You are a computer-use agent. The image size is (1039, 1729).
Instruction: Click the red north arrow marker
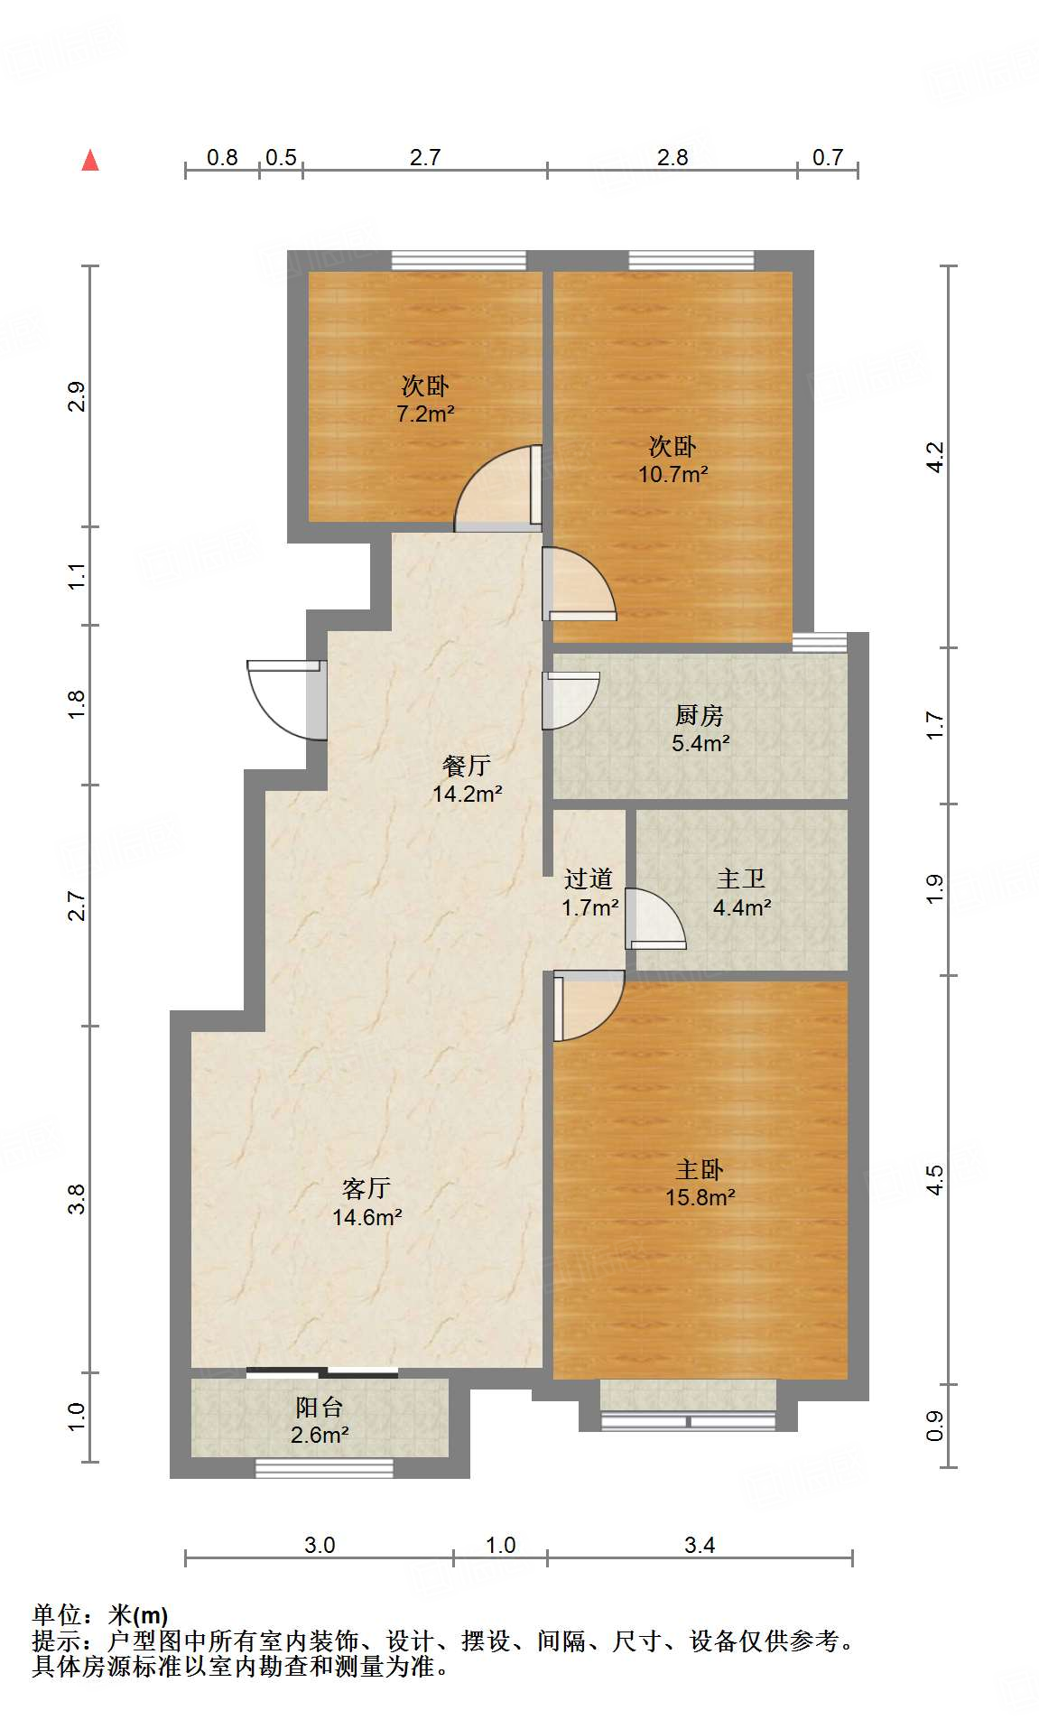pyautogui.click(x=90, y=161)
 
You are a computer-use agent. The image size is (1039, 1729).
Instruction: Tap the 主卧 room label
pyautogui.click(x=700, y=1169)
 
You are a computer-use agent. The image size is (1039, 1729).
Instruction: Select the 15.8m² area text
pyautogui.click(x=700, y=1197)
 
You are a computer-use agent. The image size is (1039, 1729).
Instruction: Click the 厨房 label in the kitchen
pyautogui.click(x=700, y=715)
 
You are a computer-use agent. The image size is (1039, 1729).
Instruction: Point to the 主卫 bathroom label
pyautogui.click(x=741, y=878)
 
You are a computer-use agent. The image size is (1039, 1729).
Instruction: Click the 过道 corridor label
pyautogui.click(x=589, y=878)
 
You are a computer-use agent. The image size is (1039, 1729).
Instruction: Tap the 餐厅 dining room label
pyautogui.click(x=467, y=766)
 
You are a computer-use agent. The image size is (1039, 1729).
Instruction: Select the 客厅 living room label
pyautogui.click(x=366, y=1188)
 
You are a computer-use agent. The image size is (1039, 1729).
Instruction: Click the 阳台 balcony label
pyautogui.click(x=319, y=1407)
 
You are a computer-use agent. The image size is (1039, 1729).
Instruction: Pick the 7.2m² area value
pyautogui.click(x=425, y=414)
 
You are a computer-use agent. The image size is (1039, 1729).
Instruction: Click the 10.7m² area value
pyautogui.click(x=673, y=474)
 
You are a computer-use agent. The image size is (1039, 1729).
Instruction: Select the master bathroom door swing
pyautogui.click(x=655, y=919)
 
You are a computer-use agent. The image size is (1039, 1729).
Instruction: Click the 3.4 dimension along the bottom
pyautogui.click(x=700, y=1545)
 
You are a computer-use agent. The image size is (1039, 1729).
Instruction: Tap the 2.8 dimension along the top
pyautogui.click(x=673, y=157)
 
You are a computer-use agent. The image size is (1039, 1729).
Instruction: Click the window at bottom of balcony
pyautogui.click(x=324, y=1468)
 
